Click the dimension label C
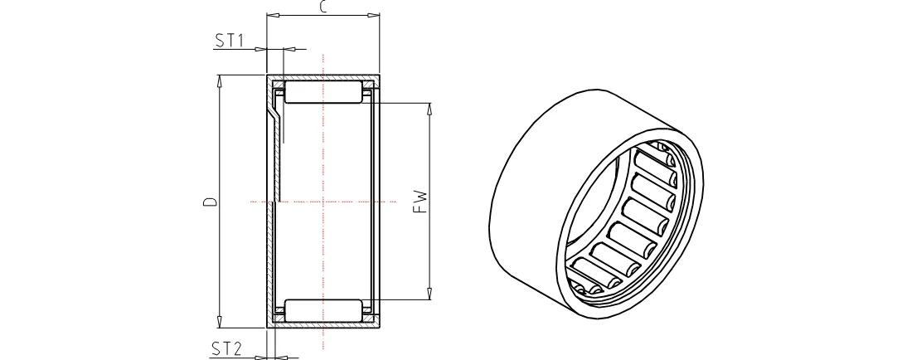(x=323, y=7)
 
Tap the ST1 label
(x=229, y=41)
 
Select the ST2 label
(x=226, y=349)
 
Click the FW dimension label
(x=422, y=202)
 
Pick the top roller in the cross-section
(x=323, y=93)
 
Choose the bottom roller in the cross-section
(x=323, y=311)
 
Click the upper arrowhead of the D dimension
(x=219, y=81)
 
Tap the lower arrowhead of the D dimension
(x=219, y=322)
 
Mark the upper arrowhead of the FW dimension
(x=429, y=109)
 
